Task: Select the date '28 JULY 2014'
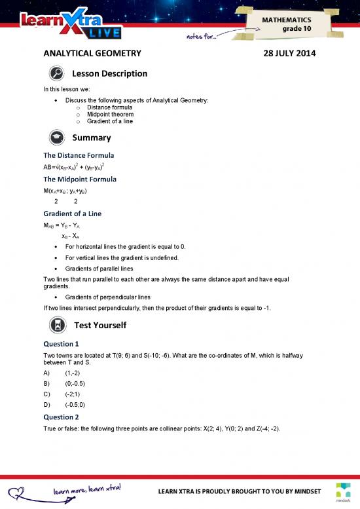coord(289,54)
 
